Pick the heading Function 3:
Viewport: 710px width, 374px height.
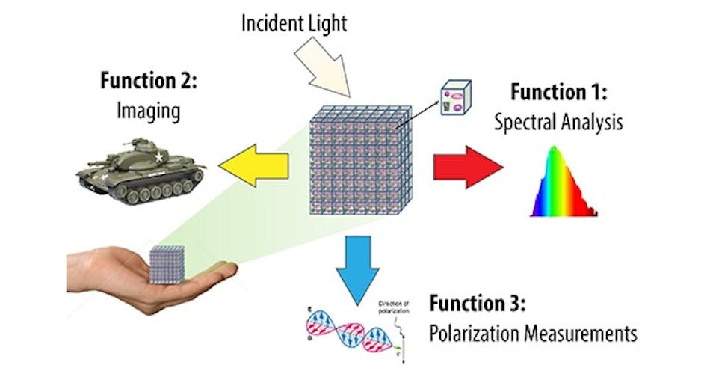pos(479,305)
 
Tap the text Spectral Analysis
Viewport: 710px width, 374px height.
pos(558,122)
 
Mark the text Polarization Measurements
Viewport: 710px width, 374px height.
pos(533,333)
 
